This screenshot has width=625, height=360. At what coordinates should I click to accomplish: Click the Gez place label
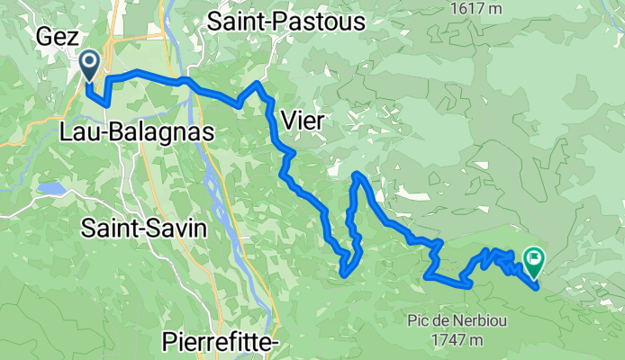(54, 37)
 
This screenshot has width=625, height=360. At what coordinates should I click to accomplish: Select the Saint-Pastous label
(285, 22)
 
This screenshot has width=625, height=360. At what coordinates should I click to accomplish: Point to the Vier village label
(302, 119)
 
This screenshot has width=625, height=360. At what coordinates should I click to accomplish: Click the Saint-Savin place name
(144, 229)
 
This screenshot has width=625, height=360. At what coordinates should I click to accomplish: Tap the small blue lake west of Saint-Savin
(50, 190)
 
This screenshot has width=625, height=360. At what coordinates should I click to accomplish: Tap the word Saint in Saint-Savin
(110, 229)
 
